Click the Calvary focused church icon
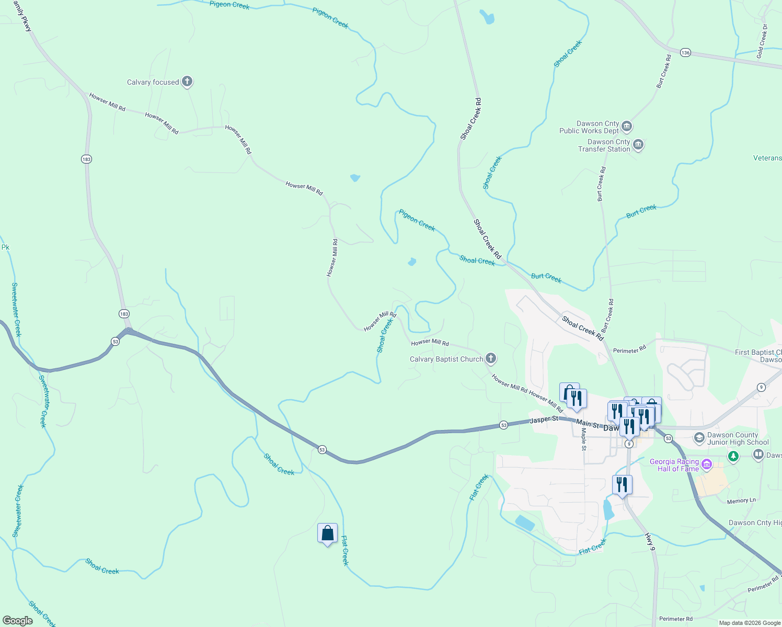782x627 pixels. click(x=187, y=82)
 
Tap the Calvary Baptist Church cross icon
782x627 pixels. click(x=490, y=358)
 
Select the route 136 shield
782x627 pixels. click(x=685, y=52)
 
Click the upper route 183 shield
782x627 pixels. click(x=86, y=159)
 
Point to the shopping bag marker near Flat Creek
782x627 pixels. click(x=327, y=533)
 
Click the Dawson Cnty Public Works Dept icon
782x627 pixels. click(x=627, y=126)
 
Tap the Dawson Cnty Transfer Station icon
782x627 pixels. click(x=638, y=145)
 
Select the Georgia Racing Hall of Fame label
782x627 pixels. click(x=674, y=465)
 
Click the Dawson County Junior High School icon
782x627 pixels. click(x=699, y=438)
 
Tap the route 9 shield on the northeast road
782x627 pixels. click(x=761, y=387)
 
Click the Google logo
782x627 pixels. click(x=17, y=621)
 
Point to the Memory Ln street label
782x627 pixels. click(x=741, y=501)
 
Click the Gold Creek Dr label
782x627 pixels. click(x=763, y=41)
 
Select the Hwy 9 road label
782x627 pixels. click(x=650, y=542)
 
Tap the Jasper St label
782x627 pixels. click(x=544, y=420)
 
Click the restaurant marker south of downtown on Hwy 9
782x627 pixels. click(x=622, y=485)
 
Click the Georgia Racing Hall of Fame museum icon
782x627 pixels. click(x=707, y=464)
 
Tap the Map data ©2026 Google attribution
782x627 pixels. click(x=750, y=623)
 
